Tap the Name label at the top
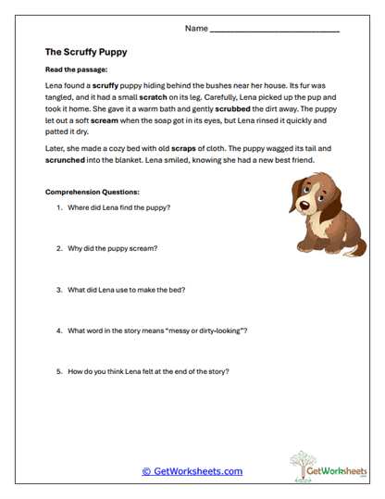pyautogui.click(x=196, y=29)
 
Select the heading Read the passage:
pyautogui.click(x=76, y=70)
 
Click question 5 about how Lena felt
pyautogui.click(x=147, y=371)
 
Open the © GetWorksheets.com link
pyautogui.click(x=192, y=471)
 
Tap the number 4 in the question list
pyautogui.click(x=59, y=331)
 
